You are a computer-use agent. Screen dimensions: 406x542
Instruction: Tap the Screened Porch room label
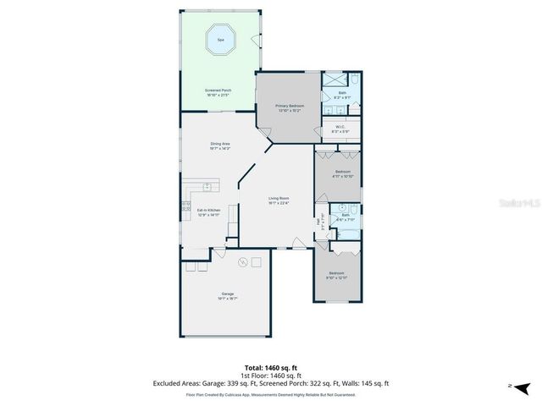click(x=218, y=92)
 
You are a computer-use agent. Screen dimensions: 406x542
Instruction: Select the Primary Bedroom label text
click(x=290, y=107)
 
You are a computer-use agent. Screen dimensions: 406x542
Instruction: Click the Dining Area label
click(x=220, y=146)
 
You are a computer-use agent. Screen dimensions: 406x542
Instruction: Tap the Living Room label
click(x=279, y=200)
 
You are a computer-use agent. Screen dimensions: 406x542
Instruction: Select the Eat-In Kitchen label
click(x=208, y=212)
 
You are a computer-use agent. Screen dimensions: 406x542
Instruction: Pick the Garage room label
click(x=228, y=296)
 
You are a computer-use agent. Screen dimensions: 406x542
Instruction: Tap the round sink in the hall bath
click(x=341, y=206)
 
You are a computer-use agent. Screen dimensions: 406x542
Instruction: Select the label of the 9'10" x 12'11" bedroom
click(x=337, y=275)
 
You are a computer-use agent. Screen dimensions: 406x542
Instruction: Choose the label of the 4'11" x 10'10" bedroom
click(x=343, y=173)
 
